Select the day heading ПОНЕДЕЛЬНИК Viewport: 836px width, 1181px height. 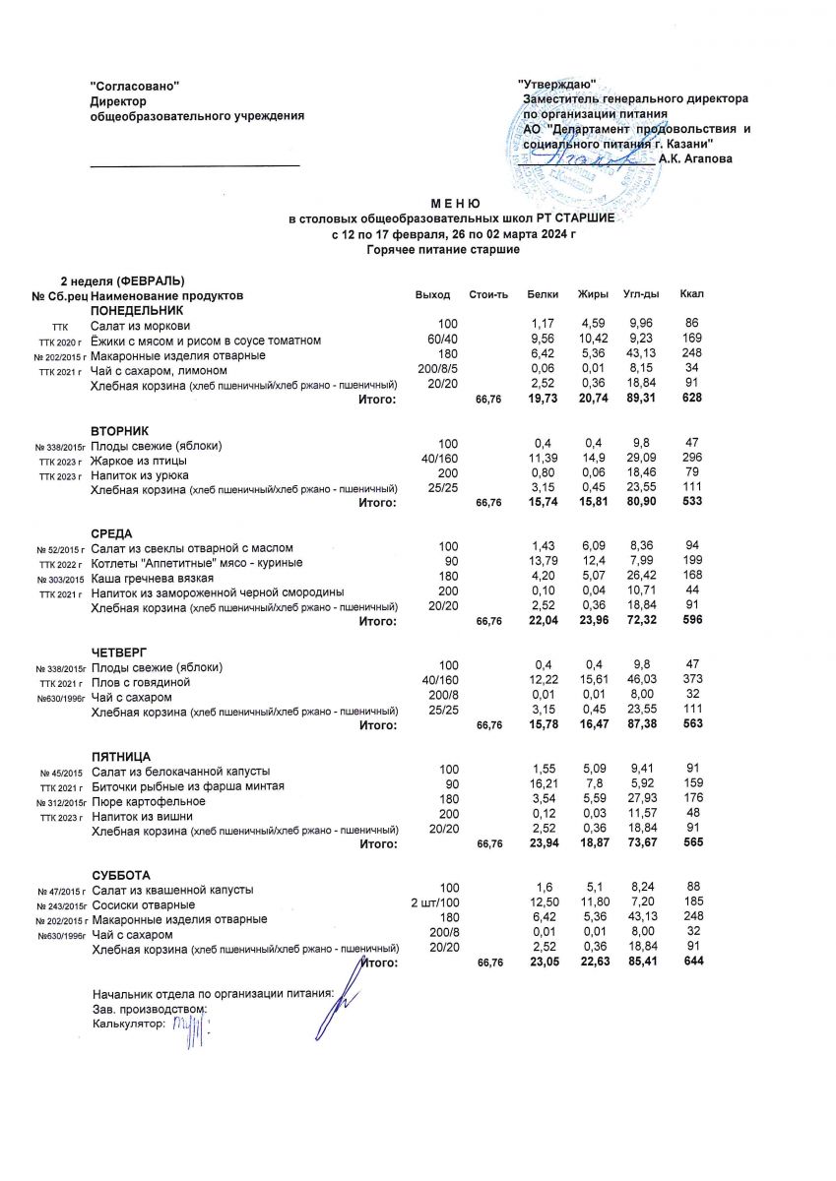pos(137,310)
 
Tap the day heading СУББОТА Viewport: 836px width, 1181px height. pos(120,875)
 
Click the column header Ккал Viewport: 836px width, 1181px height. pos(691,295)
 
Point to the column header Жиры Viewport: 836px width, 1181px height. pos(592,295)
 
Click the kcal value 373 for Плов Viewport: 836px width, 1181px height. pos(691,682)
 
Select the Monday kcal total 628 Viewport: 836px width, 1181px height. pos(691,399)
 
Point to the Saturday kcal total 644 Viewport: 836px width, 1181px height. pos(691,963)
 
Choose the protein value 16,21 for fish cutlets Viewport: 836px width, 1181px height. pos(544,785)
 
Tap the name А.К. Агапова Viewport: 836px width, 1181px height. pos(695,157)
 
